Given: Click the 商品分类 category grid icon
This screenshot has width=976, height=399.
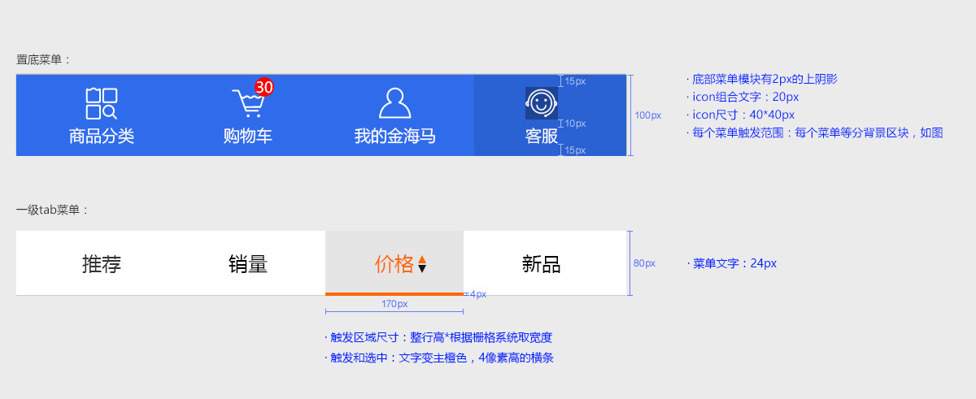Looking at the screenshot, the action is point(102,103).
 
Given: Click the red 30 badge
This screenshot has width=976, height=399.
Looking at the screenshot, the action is point(264,86).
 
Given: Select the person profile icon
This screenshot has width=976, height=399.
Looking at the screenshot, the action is point(394,103).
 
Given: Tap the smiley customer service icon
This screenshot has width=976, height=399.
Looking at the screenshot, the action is point(541,102).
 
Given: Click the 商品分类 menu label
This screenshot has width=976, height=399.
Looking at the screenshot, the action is point(102,136).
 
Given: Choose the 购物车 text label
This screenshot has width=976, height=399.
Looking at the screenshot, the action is point(248,136).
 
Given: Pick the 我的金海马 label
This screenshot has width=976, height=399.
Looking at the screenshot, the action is point(394,136).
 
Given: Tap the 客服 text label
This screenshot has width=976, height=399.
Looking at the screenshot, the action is point(541,136).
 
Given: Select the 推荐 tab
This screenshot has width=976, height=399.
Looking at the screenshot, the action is point(102,264).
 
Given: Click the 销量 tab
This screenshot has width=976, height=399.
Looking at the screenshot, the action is point(248,264).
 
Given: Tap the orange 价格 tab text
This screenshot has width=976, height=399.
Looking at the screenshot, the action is point(394,264).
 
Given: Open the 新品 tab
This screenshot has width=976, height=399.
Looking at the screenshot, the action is point(541,264).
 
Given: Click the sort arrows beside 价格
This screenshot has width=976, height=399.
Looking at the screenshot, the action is point(422,264).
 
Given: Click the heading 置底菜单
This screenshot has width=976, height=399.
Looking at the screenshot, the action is point(44,59).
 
